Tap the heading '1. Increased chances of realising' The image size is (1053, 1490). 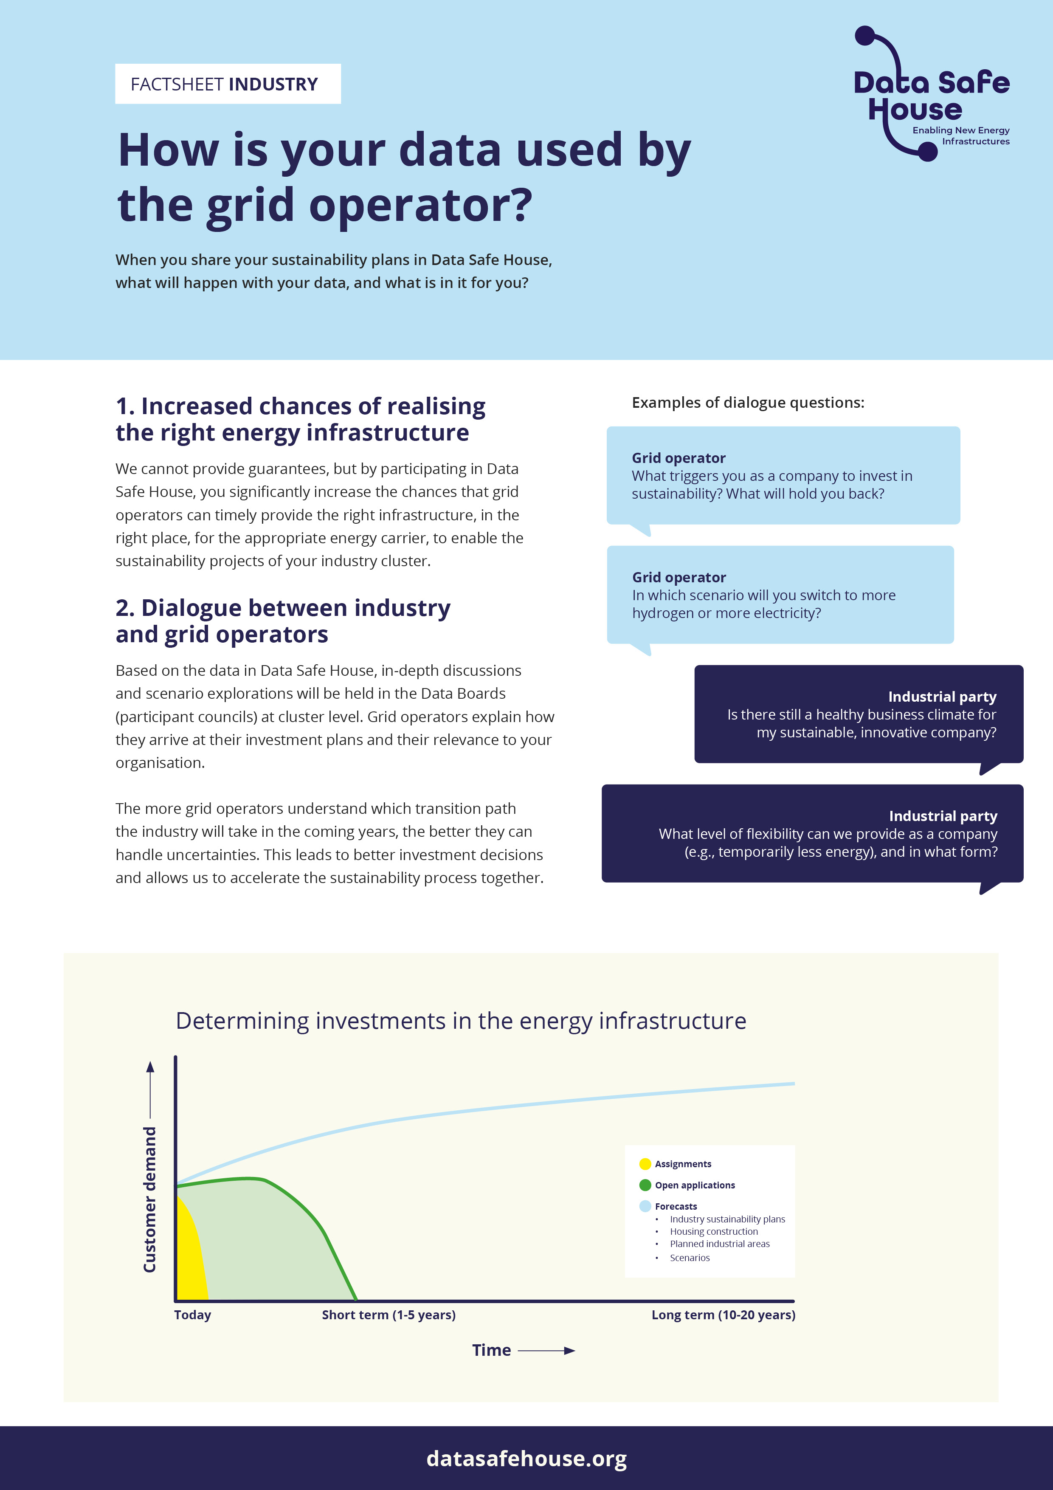pos(300,406)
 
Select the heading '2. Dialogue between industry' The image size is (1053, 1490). pos(283,608)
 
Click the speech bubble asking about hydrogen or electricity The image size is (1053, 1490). pos(780,595)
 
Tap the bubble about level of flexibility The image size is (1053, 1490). pos(812,833)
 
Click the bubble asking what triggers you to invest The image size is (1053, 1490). pos(783,476)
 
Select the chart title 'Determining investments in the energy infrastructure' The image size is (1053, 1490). pos(461,1021)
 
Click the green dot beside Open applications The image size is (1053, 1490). pos(645,1185)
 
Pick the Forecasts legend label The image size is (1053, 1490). pos(676,1206)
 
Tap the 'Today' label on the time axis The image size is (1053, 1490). pos(193,1315)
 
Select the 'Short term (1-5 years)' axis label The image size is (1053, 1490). pos(389,1315)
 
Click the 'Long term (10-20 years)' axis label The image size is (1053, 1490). pos(723,1315)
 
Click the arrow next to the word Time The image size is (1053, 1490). pos(546,1351)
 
